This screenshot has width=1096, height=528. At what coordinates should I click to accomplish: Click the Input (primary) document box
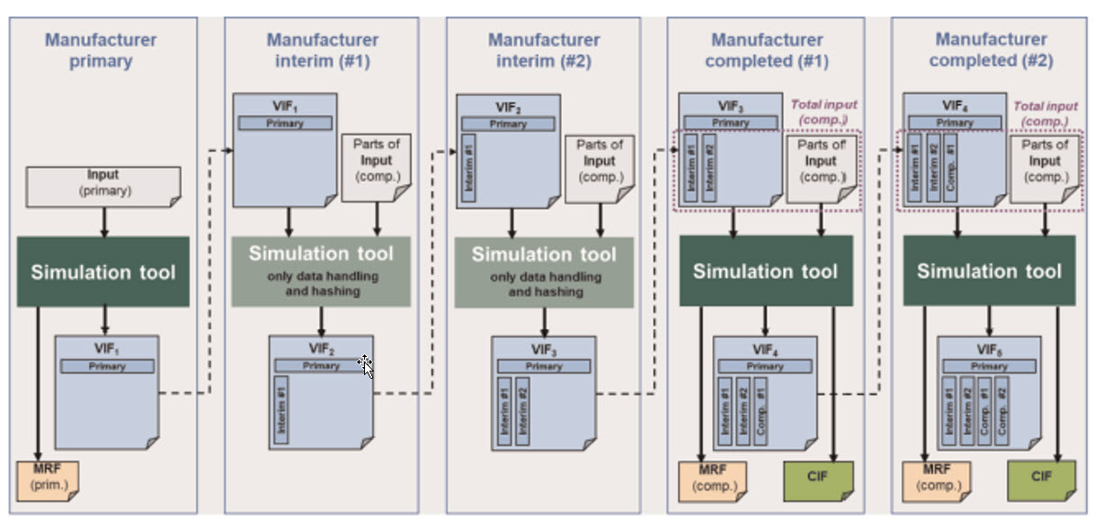tap(103, 184)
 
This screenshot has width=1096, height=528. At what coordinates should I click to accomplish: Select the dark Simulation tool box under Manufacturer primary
tap(103, 272)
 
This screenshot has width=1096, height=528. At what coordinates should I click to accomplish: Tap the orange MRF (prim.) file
tap(49, 480)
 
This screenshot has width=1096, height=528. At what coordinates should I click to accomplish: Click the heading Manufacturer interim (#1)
tap(322, 50)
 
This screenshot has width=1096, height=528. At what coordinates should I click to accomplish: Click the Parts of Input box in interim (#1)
tap(376, 168)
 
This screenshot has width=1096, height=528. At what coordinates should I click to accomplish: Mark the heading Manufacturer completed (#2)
tap(991, 50)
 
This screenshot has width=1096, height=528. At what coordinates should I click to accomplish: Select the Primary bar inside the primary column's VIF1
tap(107, 366)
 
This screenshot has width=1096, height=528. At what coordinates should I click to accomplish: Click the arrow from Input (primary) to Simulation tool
tap(104, 220)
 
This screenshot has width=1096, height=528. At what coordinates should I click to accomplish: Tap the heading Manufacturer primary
tap(101, 50)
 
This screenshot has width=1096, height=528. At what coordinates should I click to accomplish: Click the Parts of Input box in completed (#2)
tap(1045, 168)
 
